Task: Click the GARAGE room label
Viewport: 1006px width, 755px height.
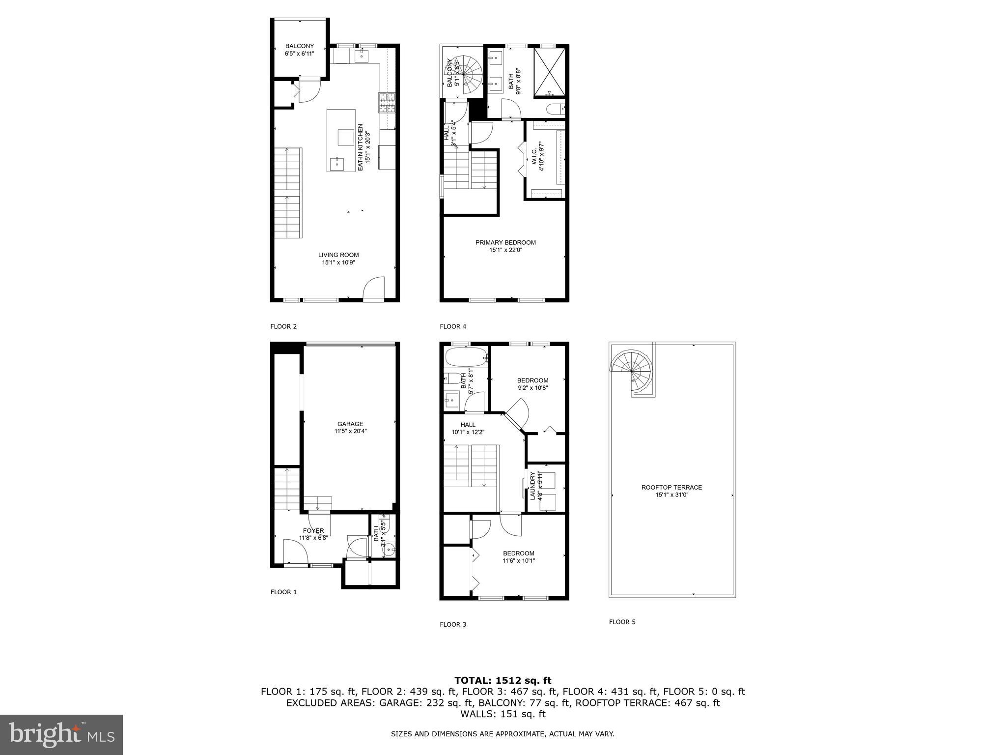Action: (350, 424)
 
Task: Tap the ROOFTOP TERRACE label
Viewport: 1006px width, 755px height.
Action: (671, 488)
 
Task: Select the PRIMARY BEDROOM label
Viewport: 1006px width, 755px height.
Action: (505, 242)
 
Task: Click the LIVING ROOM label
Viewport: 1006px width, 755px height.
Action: (338, 255)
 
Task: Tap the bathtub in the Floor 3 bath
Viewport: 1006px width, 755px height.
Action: (465, 357)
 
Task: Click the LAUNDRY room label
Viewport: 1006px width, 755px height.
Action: (532, 486)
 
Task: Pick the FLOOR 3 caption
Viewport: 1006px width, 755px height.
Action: (453, 624)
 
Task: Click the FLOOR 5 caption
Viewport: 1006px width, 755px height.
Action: (622, 622)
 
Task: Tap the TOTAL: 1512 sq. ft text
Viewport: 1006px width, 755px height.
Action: (503, 680)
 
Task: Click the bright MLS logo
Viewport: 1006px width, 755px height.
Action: (61, 734)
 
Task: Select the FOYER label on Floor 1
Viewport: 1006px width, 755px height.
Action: (313, 530)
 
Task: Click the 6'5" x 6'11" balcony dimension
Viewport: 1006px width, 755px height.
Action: (299, 54)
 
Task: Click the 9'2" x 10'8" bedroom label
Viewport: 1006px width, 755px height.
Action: (532, 388)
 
